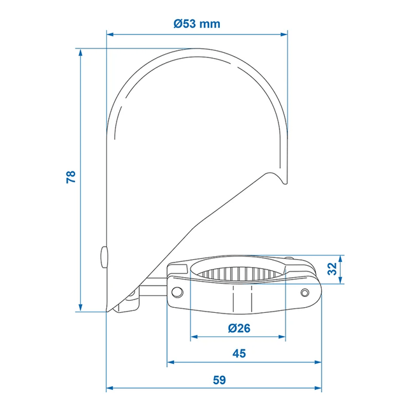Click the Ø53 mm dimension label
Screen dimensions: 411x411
coord(197,24)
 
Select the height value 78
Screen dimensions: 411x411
coord(71,177)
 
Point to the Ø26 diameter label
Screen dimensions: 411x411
coord(238,328)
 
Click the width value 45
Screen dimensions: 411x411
coord(238,353)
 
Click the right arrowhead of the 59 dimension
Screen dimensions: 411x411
coord(317,387)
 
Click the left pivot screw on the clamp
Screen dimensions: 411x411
coord(177,291)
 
